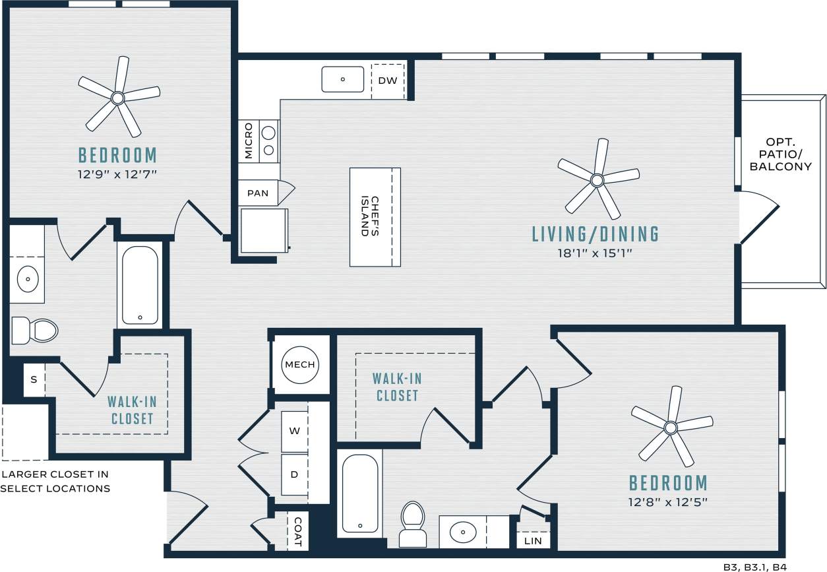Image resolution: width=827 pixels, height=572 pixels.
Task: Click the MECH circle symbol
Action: click(301, 365)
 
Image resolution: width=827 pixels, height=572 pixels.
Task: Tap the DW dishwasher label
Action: click(387, 80)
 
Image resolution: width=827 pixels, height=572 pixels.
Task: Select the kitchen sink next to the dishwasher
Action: click(342, 79)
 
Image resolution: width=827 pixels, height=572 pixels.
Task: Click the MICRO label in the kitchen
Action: click(249, 141)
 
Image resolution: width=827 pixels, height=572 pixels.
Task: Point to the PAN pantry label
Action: click(258, 193)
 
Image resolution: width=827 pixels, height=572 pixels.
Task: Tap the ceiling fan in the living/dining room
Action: click(597, 179)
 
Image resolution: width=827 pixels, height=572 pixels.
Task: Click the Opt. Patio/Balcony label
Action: click(780, 154)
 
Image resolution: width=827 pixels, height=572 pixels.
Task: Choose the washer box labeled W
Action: click(295, 431)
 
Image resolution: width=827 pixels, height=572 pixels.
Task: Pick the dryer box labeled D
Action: click(295, 474)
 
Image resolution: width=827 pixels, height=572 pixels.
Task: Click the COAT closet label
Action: click(297, 531)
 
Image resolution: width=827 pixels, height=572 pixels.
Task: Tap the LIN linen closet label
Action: click(532, 541)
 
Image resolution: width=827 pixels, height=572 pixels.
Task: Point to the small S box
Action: click(34, 381)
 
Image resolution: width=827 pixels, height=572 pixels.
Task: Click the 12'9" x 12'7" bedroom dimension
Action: click(117, 174)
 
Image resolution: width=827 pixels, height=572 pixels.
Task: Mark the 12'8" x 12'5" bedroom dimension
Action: click(667, 502)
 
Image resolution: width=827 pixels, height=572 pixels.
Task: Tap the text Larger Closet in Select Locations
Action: click(55, 482)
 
